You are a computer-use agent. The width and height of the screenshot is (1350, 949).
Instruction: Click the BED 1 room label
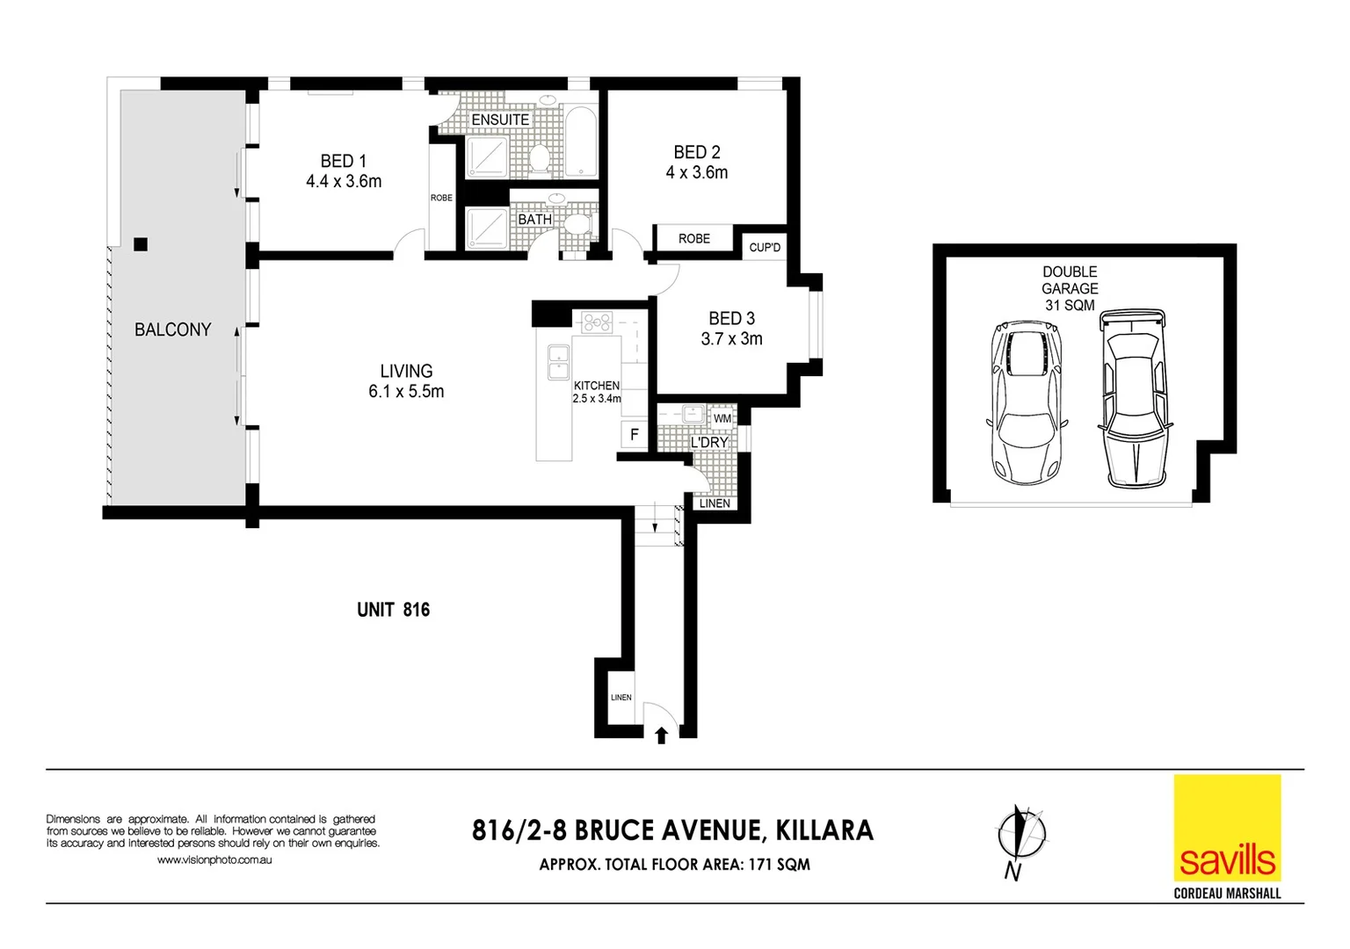(343, 161)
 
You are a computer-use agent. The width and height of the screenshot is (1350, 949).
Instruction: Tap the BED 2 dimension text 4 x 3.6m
(696, 173)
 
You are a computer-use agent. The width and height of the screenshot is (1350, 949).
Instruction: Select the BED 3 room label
(731, 318)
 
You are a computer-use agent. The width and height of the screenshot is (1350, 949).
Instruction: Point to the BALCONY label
(172, 330)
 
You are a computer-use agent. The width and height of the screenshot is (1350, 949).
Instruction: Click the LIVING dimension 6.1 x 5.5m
(406, 392)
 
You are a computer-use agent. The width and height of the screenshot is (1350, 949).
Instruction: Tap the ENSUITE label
(500, 120)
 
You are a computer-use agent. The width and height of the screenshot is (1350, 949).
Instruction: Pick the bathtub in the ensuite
(580, 143)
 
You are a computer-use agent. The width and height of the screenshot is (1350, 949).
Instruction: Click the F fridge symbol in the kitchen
(635, 434)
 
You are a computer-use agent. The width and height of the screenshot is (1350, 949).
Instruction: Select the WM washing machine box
(722, 418)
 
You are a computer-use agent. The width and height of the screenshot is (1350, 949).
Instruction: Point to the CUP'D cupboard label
(765, 248)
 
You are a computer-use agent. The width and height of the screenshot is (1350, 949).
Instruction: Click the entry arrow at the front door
(662, 735)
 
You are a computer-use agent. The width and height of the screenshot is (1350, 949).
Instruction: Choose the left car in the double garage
(1026, 402)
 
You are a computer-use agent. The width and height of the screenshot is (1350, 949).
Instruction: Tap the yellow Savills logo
(1227, 828)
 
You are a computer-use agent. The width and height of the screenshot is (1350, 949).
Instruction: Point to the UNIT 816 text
(393, 610)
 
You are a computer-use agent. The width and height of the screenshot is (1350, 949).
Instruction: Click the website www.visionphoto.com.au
(214, 860)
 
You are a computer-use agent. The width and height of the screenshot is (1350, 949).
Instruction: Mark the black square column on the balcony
(141, 245)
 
